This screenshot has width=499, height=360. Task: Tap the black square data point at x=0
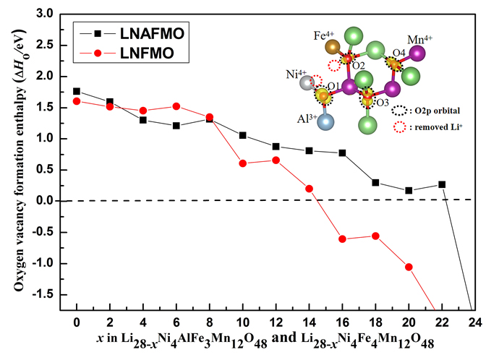coord(77,92)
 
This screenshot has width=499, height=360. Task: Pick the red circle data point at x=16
coord(342,239)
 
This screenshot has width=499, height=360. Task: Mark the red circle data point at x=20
coord(409,267)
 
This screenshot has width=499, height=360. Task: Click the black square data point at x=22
coord(442,184)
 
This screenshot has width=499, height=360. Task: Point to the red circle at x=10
coord(242,163)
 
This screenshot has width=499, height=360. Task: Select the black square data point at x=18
coord(375,182)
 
